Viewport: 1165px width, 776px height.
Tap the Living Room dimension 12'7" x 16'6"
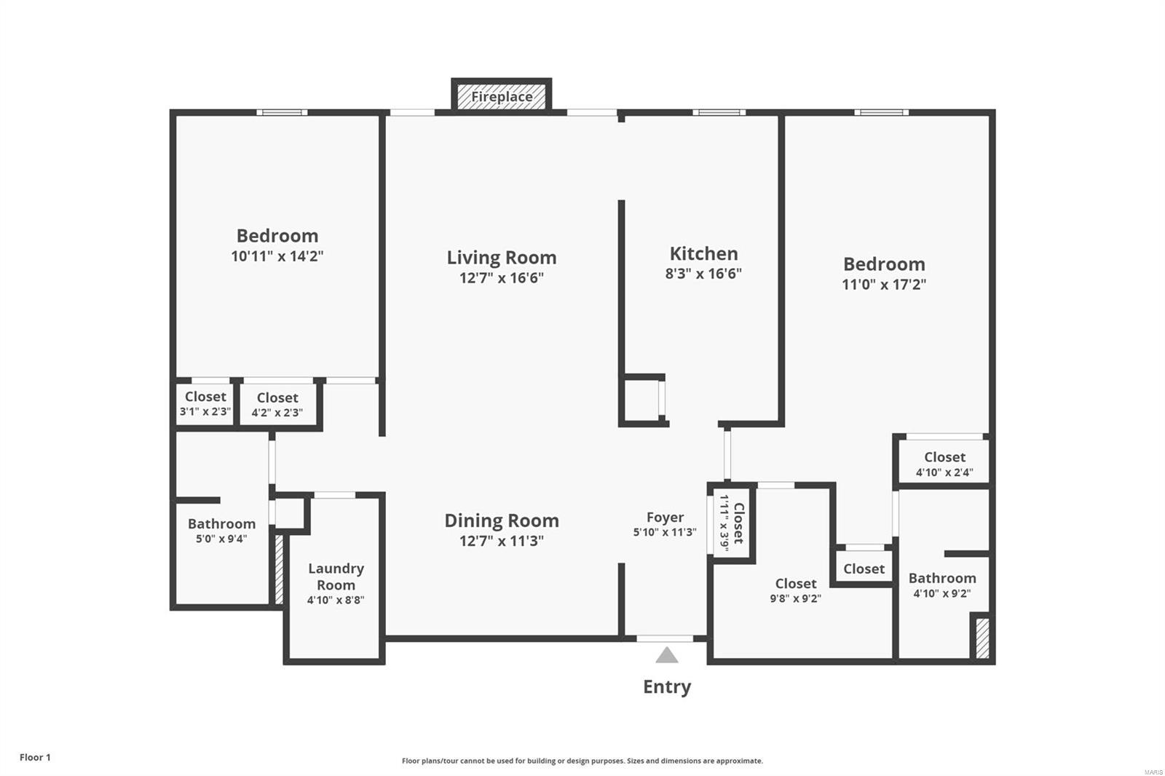tap(502, 278)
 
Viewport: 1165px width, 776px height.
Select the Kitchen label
tap(703, 253)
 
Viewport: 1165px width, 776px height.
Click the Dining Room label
tap(502, 520)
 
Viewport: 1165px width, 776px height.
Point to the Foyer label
tap(665, 518)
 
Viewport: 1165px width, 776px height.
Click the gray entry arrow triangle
tap(666, 656)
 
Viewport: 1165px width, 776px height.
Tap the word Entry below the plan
tap(666, 686)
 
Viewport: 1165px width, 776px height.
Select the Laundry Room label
tap(336, 577)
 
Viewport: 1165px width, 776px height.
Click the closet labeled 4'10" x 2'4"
tap(944, 464)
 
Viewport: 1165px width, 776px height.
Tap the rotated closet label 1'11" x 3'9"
tap(731, 523)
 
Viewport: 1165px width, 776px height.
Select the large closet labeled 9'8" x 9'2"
tap(795, 590)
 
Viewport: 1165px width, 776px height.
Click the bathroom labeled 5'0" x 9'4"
tap(221, 531)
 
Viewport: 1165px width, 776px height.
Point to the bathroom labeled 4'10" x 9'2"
tap(941, 585)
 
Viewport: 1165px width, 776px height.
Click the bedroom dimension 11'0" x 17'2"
tap(884, 285)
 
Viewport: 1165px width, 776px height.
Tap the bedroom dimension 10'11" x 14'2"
tap(277, 256)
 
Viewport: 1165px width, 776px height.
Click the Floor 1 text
tap(35, 757)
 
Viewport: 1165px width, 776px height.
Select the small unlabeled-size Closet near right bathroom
tap(864, 569)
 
